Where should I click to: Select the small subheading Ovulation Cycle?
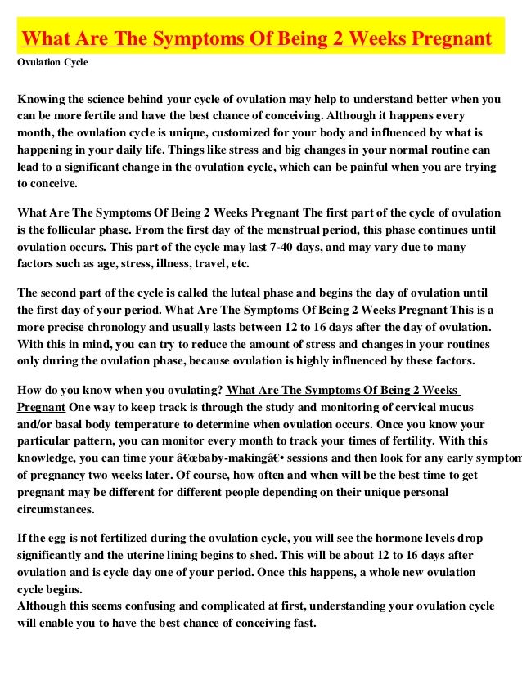tap(52, 62)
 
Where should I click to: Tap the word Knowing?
tap(43, 100)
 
